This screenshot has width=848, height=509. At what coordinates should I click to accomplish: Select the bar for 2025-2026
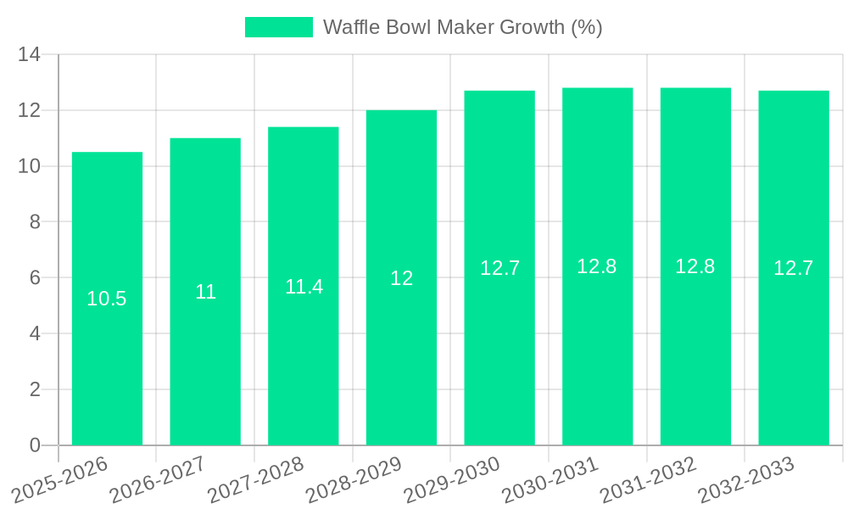(x=107, y=339)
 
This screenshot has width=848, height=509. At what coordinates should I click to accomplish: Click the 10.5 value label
(x=107, y=299)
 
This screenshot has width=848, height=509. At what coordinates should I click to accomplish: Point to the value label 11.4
(x=304, y=287)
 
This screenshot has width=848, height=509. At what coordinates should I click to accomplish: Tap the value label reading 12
(x=401, y=278)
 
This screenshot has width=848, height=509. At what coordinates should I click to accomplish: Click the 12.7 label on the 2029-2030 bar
(x=499, y=268)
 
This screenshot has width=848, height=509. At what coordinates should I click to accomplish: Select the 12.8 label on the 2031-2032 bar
(x=695, y=266)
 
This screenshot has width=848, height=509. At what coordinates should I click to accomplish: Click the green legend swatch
(x=278, y=27)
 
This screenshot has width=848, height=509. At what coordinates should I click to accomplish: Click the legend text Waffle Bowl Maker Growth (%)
(x=462, y=27)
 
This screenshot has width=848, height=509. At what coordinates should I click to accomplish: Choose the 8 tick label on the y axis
(x=35, y=222)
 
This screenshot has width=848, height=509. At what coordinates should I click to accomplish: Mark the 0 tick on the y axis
(x=35, y=445)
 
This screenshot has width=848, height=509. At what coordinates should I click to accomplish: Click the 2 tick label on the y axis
(x=35, y=389)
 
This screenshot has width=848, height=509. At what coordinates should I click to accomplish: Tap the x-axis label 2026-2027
(x=158, y=479)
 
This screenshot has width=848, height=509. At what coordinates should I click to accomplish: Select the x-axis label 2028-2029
(x=354, y=479)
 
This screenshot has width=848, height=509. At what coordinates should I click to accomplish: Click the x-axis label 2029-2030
(x=452, y=479)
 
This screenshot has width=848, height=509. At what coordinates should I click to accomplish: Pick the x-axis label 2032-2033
(x=746, y=479)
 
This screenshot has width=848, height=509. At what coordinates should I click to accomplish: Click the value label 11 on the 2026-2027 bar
(x=205, y=293)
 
